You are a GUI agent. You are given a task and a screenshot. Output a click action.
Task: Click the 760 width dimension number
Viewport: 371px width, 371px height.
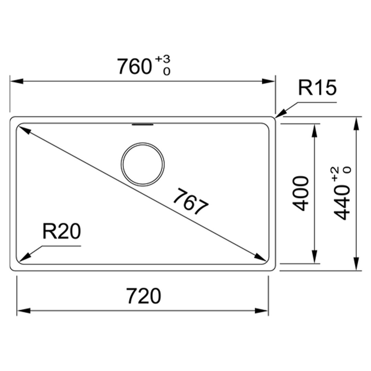134,66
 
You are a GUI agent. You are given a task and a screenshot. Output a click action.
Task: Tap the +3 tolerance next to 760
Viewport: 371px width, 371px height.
163,59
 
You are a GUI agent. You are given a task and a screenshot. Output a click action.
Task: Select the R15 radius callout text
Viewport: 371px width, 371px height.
317,87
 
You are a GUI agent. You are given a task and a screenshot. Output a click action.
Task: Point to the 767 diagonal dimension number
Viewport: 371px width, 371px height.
191,201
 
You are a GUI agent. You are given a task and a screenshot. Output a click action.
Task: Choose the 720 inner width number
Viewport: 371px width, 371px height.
144,296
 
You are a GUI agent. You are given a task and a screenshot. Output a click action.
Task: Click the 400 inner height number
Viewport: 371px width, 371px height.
301,193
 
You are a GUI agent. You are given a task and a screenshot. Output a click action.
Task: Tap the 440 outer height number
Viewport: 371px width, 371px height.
342,203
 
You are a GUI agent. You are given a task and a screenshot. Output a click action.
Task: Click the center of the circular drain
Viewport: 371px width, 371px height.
143,164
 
